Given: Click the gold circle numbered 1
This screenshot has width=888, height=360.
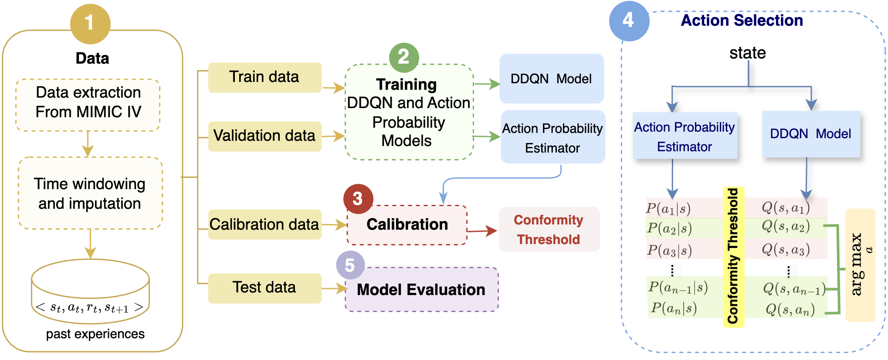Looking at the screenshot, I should tap(90, 24).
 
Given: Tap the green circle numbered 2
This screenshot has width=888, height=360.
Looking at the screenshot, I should tap(404, 57).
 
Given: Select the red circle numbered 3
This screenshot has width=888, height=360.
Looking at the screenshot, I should tap(358, 199).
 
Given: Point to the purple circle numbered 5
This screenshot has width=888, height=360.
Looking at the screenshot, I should tap(350, 265).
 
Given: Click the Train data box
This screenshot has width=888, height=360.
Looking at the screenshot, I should tap(264, 77).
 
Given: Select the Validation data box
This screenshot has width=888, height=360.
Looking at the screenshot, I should tap(264, 136).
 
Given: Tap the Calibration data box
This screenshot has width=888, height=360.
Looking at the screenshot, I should tap(264, 224).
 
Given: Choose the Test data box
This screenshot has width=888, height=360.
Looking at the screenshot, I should tap(264, 288).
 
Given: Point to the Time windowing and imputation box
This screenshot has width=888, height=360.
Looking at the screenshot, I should tap(90, 193).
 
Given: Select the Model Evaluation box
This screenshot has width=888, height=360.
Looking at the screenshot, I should tap(421, 289).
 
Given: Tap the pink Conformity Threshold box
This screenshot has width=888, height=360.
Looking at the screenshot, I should tap(549, 230).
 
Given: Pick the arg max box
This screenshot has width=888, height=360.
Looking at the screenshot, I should tap(860, 265).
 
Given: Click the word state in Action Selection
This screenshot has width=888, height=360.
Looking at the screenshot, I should tap(748, 53).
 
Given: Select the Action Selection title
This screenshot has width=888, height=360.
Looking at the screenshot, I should tap(742, 20).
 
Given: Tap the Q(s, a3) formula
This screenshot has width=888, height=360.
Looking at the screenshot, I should tap(786, 250).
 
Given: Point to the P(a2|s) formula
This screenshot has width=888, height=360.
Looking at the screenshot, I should tap(669, 228).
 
